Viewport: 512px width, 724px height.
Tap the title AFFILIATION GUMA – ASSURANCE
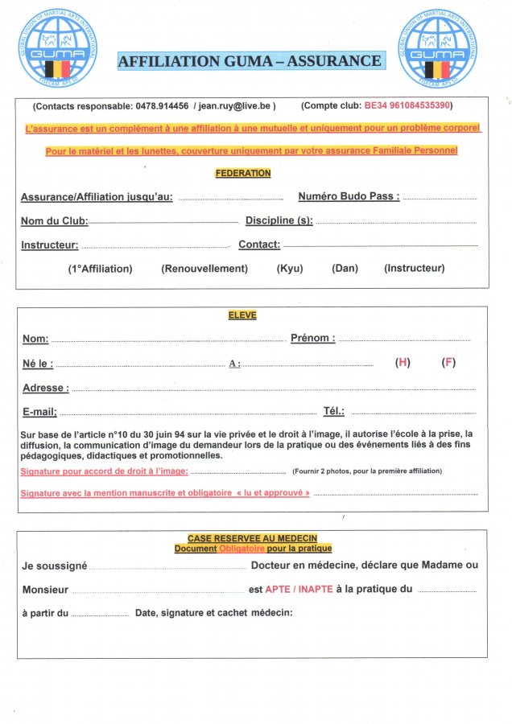(250, 61)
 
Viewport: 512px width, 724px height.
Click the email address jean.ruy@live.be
(237, 105)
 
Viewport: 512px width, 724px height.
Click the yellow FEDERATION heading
(243, 173)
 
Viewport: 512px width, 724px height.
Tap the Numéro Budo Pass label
(349, 196)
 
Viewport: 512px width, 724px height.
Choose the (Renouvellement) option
(204, 269)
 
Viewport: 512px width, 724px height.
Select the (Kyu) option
(290, 269)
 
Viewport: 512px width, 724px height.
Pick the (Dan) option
(345, 269)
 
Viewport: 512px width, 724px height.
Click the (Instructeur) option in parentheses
(414, 269)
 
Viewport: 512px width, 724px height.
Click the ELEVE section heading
(242, 316)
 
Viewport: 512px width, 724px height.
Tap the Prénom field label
(312, 339)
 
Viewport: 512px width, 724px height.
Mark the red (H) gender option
(403, 363)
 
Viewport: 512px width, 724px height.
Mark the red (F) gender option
(448, 363)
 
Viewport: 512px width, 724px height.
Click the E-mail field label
(39, 412)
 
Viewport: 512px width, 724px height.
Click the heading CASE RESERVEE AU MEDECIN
(252, 538)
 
